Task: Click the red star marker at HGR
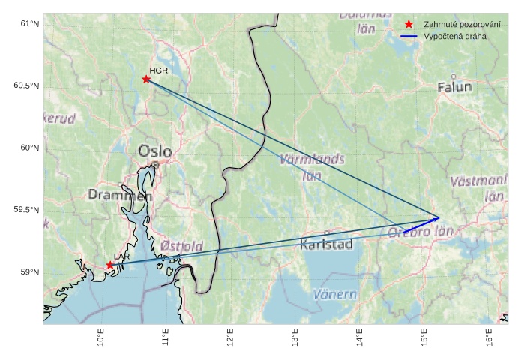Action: click(146, 79)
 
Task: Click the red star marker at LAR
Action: click(110, 265)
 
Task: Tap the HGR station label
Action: click(158, 70)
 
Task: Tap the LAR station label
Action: click(121, 256)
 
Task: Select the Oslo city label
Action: click(154, 151)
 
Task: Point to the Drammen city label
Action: click(120, 195)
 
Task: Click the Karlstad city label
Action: click(326, 244)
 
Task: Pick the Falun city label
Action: click(455, 87)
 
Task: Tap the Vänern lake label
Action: click(334, 294)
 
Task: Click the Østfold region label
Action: click(181, 246)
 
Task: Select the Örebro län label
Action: click(421, 232)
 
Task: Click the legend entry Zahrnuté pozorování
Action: click(462, 24)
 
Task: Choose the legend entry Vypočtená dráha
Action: click(460, 36)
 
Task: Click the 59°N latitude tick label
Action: click(29, 272)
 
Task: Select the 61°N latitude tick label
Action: click(29, 24)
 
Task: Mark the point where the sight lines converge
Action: click(439, 218)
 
